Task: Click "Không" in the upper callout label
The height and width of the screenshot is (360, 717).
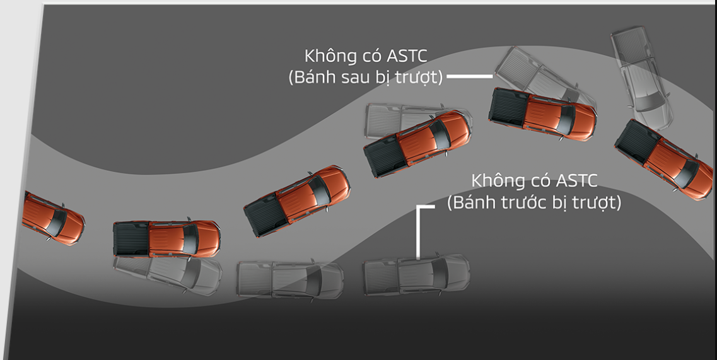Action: [x=330, y=55]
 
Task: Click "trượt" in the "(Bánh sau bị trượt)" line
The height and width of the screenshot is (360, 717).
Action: [x=418, y=78]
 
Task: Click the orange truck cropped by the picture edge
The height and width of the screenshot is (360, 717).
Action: [x=50, y=217]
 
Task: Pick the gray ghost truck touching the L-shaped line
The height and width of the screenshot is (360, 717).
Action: [x=416, y=275]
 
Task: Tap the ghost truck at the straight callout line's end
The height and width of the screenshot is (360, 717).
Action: [x=536, y=76]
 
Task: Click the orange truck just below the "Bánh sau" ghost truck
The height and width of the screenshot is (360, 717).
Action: [x=543, y=113]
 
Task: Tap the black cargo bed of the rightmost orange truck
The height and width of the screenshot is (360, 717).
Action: [x=634, y=142]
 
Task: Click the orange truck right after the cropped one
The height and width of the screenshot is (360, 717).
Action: [x=166, y=239]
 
